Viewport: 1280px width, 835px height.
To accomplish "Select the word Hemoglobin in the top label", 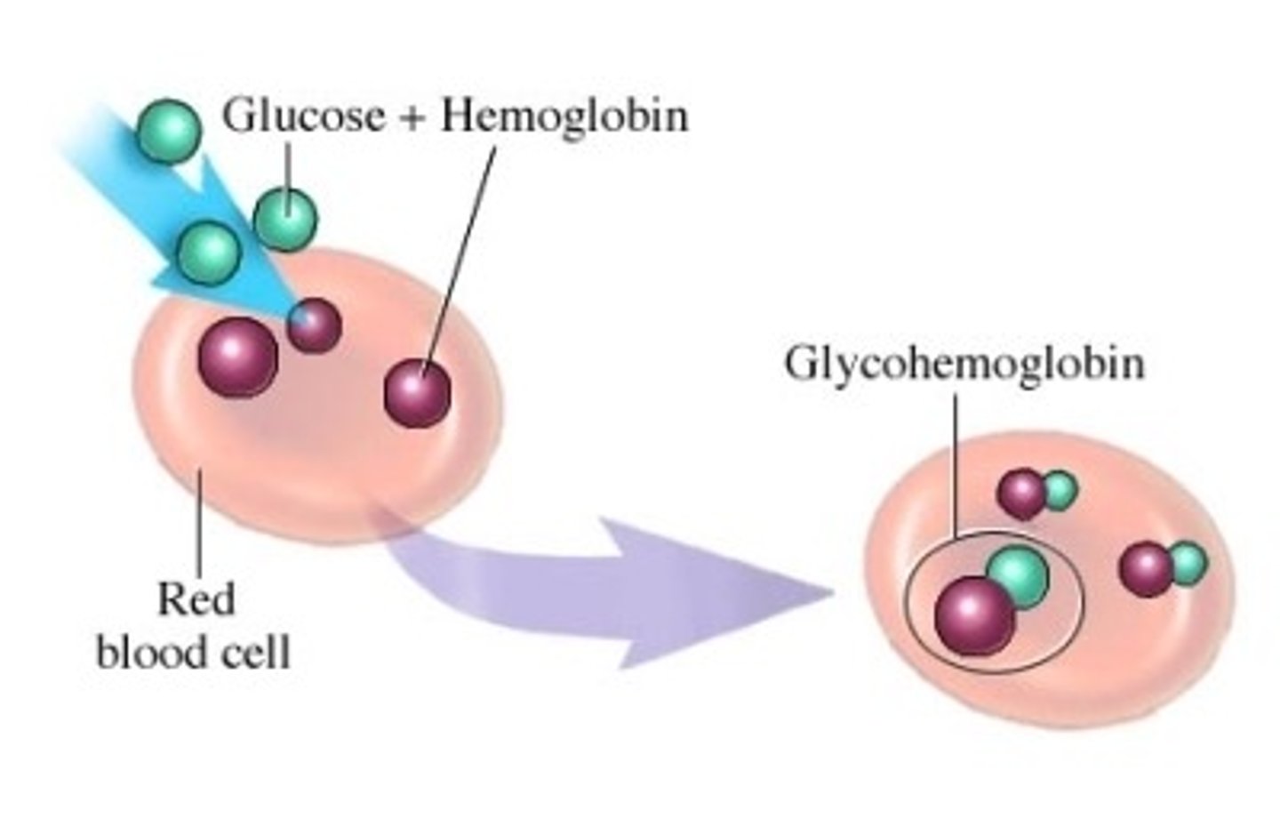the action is [x=564, y=116].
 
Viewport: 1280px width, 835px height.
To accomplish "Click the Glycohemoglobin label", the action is [x=964, y=364].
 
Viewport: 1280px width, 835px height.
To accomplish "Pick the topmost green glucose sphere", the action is [x=168, y=131].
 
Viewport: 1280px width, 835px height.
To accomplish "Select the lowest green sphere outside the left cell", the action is [x=209, y=251].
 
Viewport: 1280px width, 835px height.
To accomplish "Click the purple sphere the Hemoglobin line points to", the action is [x=417, y=392].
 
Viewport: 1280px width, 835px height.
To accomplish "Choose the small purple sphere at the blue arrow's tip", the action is [x=314, y=325].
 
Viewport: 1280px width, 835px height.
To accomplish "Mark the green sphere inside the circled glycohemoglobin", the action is [x=1018, y=576].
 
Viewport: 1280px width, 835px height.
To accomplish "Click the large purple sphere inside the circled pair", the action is [x=974, y=615].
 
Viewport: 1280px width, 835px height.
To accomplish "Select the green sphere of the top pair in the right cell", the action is [x=1060, y=490].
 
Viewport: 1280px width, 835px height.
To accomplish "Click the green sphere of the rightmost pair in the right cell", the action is [x=1188, y=562].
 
